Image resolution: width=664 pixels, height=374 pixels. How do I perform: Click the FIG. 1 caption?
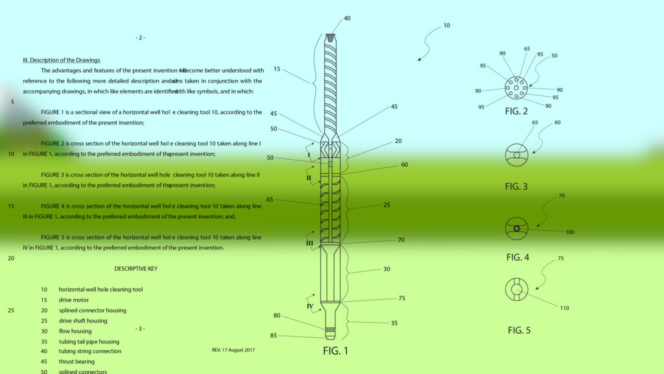pos(335,351)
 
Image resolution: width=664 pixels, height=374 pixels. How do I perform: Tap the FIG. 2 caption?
pos(516,111)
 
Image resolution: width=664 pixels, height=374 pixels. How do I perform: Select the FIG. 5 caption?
pos(519,330)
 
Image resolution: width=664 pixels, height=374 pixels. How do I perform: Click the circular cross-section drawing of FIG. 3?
pos(517,155)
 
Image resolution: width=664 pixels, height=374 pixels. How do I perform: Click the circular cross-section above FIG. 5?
pos(517,289)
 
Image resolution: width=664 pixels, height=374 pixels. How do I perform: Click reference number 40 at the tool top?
pos(348,18)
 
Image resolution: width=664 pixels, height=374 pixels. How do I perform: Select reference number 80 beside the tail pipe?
pos(277,316)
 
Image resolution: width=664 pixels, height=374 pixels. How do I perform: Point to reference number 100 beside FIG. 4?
pos(570,232)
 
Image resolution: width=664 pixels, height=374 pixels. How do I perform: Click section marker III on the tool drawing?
pos(309,243)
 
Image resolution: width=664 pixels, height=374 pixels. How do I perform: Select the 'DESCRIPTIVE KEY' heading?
pos(136,268)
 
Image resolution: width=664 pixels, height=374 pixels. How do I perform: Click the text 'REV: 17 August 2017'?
pos(233,350)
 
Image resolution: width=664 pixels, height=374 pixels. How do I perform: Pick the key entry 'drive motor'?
pos(74,300)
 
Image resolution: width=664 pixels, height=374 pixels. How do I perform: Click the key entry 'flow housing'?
pos(75,331)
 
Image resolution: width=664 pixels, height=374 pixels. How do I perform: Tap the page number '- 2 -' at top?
pos(141,38)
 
